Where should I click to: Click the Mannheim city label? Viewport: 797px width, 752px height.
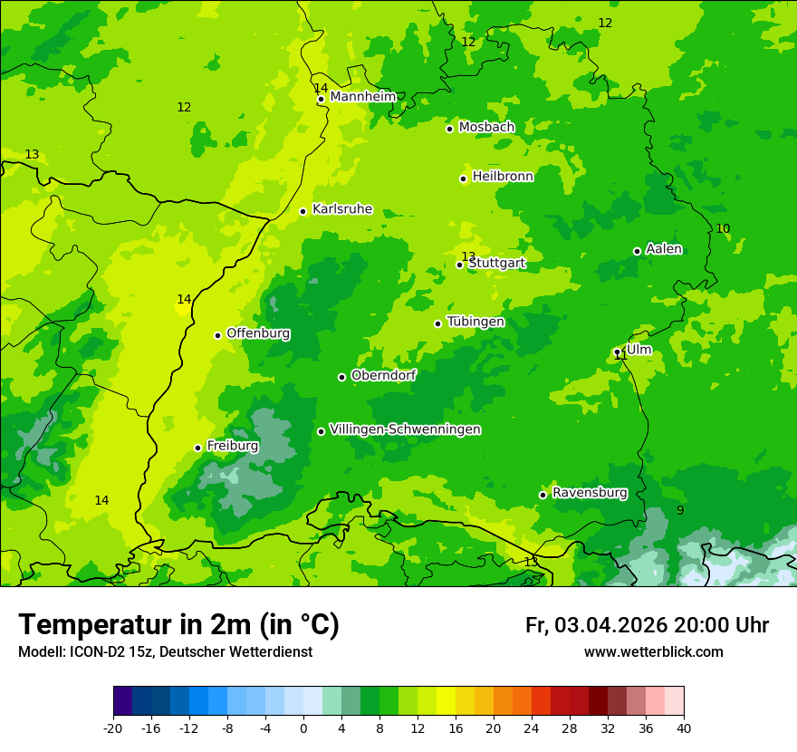pyautogui.click(x=363, y=97)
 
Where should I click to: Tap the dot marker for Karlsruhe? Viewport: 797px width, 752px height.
pyautogui.click(x=303, y=211)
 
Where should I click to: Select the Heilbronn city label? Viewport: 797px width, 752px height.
pyautogui.click(x=503, y=177)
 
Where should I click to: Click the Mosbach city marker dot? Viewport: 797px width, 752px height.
pyautogui.click(x=449, y=129)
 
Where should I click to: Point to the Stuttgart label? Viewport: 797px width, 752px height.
pyautogui.click(x=497, y=264)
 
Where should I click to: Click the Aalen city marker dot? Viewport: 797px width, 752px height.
pyautogui.click(x=637, y=251)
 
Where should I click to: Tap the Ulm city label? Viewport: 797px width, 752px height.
pyautogui.click(x=639, y=350)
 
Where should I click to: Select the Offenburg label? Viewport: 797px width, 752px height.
pyautogui.click(x=258, y=333)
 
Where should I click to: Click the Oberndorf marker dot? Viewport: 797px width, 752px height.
pyautogui.click(x=341, y=377)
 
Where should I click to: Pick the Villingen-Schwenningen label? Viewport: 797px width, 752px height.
pyautogui.click(x=405, y=429)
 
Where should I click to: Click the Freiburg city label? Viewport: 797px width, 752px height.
pyautogui.click(x=233, y=446)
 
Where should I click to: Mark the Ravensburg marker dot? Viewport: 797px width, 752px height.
pyautogui.click(x=543, y=495)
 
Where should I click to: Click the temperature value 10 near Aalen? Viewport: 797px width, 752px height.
pyautogui.click(x=723, y=229)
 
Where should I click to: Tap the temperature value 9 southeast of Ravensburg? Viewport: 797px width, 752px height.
pyautogui.click(x=680, y=511)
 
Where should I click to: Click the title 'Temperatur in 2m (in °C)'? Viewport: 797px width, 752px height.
pyautogui.click(x=178, y=624)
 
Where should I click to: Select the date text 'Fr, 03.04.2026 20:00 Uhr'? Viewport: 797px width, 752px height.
pyautogui.click(x=647, y=625)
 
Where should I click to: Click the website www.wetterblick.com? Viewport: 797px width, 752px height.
pyautogui.click(x=653, y=652)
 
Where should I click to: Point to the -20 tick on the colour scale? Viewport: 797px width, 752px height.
pyautogui.click(x=113, y=728)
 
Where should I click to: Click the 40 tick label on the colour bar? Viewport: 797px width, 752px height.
pyautogui.click(x=683, y=728)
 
